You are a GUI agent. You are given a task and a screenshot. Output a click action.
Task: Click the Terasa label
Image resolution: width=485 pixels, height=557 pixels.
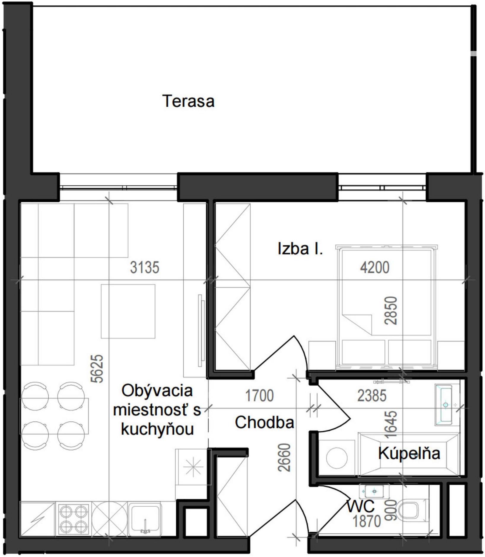188,101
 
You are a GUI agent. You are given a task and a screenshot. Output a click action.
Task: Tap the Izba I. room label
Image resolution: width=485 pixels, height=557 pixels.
300,249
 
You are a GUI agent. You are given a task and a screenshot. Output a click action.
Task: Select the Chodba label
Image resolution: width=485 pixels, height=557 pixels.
264,422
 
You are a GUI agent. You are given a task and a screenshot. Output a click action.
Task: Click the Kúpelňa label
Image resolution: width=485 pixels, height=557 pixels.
409,453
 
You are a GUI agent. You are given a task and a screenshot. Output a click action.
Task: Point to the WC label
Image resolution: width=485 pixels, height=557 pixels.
361,506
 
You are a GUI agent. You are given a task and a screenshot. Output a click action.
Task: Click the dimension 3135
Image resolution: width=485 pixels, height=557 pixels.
145,267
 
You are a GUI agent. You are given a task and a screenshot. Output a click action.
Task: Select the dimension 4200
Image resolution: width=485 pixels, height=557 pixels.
375,267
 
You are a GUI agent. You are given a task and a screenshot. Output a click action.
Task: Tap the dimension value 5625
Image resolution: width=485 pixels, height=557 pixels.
97,369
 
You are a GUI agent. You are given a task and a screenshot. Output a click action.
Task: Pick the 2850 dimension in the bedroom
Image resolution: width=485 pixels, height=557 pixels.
391,310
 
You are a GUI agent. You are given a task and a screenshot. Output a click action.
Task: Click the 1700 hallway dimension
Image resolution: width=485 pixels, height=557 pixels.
260,396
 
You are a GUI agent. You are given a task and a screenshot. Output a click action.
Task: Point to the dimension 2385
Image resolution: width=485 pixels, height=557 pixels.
372,396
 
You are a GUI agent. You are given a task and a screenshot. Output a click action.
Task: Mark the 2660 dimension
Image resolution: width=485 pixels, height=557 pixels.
284,457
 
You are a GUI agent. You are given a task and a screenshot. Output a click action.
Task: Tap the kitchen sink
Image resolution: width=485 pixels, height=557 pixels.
145,519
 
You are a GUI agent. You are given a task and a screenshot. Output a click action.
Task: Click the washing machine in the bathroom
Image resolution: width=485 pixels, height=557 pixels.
337,458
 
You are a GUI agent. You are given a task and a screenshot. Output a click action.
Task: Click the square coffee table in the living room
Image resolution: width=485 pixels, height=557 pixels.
128,311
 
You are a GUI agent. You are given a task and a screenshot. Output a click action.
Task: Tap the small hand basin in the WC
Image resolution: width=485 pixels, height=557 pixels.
374,492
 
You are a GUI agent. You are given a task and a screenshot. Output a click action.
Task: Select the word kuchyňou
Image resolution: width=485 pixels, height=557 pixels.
157,429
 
